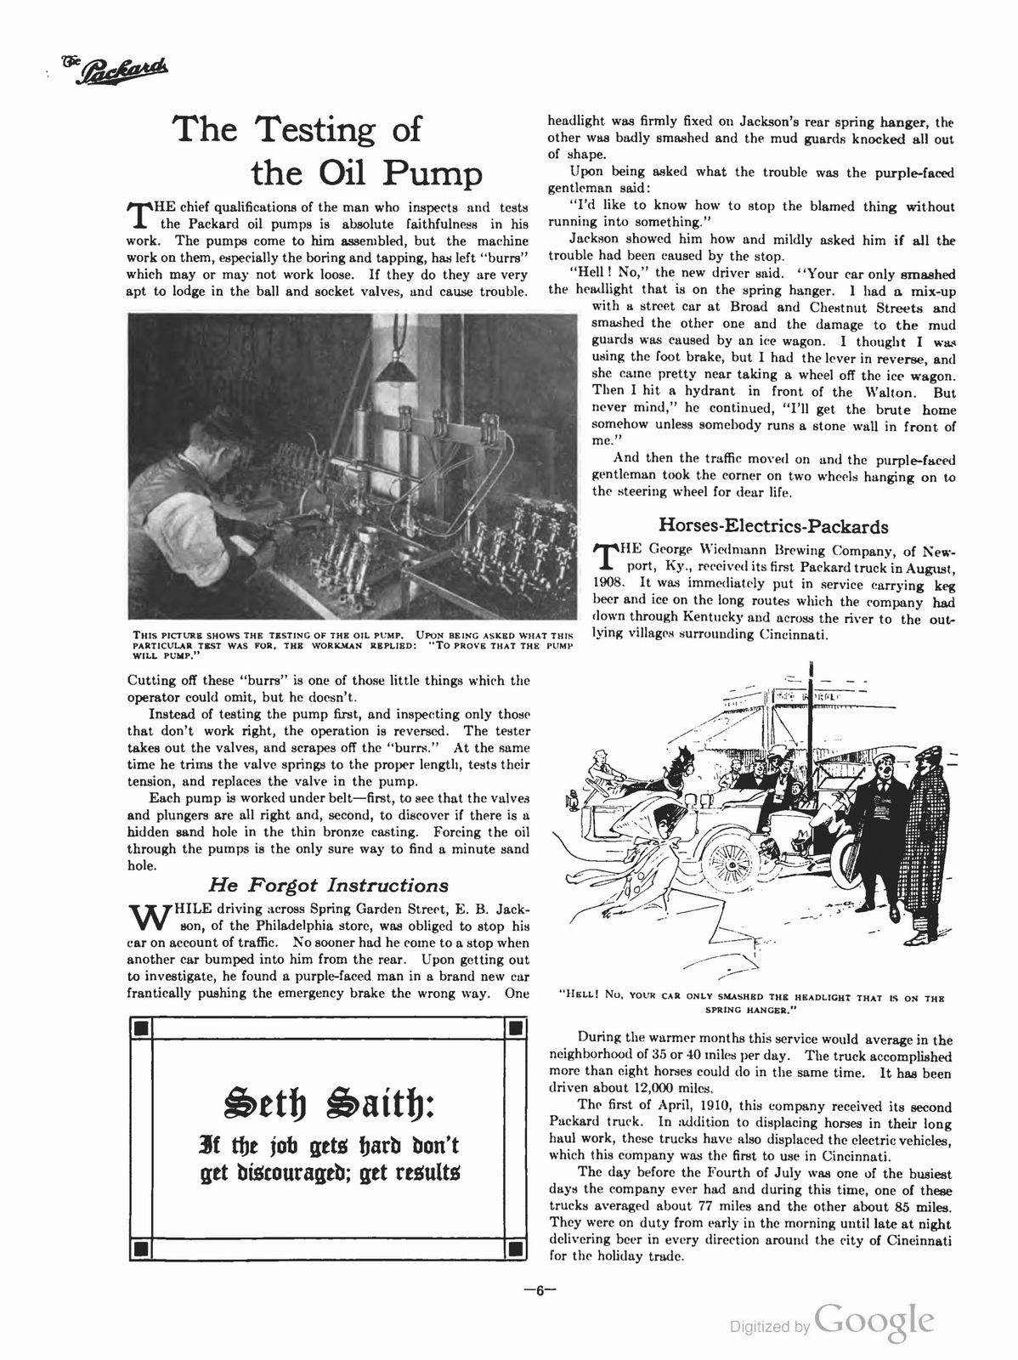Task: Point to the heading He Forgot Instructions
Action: [328, 885]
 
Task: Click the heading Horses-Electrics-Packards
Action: [774, 526]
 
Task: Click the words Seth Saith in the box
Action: [328, 1105]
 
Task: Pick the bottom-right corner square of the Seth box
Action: [513, 1249]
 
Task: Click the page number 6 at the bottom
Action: [539, 1289]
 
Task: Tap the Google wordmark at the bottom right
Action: [874, 1320]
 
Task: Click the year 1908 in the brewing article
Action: [608, 584]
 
